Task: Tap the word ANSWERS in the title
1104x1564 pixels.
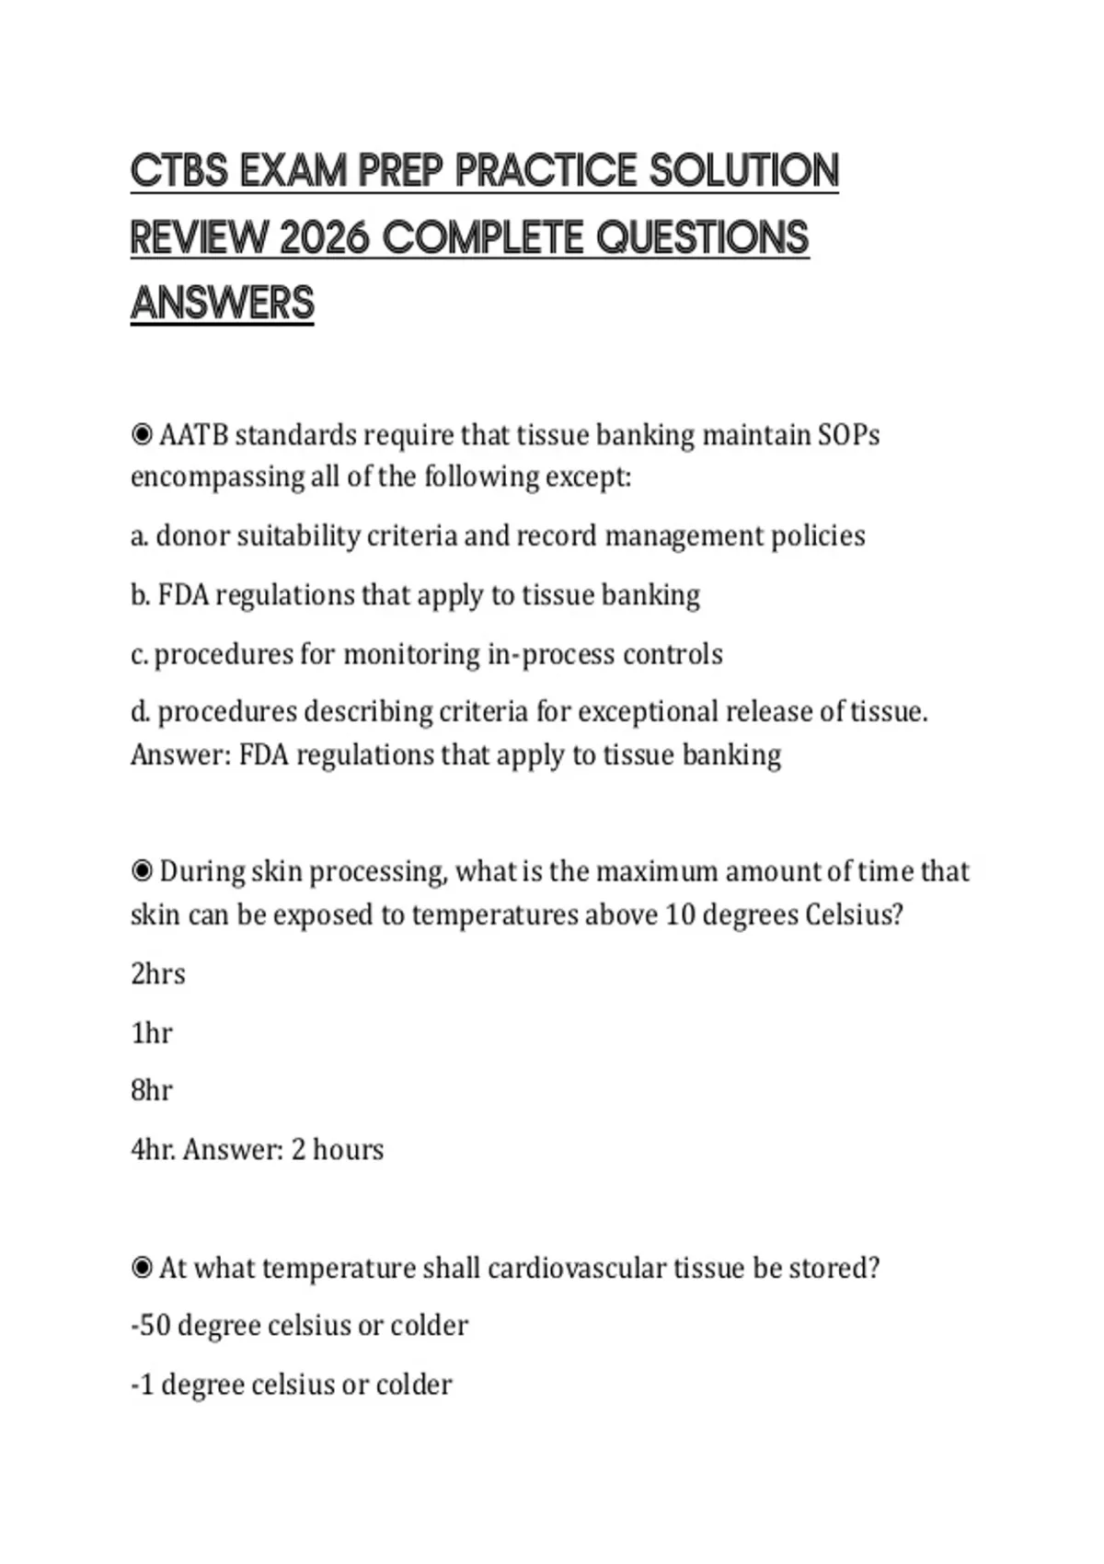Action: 223,304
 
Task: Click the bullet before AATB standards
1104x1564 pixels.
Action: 142,434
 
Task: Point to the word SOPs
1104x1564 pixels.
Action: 848,434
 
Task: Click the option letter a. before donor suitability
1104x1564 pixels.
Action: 139,536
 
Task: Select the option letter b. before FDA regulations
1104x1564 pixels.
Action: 140,595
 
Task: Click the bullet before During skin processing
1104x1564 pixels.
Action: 142,870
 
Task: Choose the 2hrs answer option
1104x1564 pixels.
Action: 157,973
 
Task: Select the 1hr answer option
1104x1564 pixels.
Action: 152,1033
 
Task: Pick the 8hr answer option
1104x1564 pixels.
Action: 152,1091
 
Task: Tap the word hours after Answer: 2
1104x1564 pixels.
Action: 348,1150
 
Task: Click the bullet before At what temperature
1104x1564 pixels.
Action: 142,1268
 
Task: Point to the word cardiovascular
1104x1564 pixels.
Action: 576,1268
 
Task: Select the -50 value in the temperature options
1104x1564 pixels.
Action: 151,1326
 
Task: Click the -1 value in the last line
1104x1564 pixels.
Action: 143,1385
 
